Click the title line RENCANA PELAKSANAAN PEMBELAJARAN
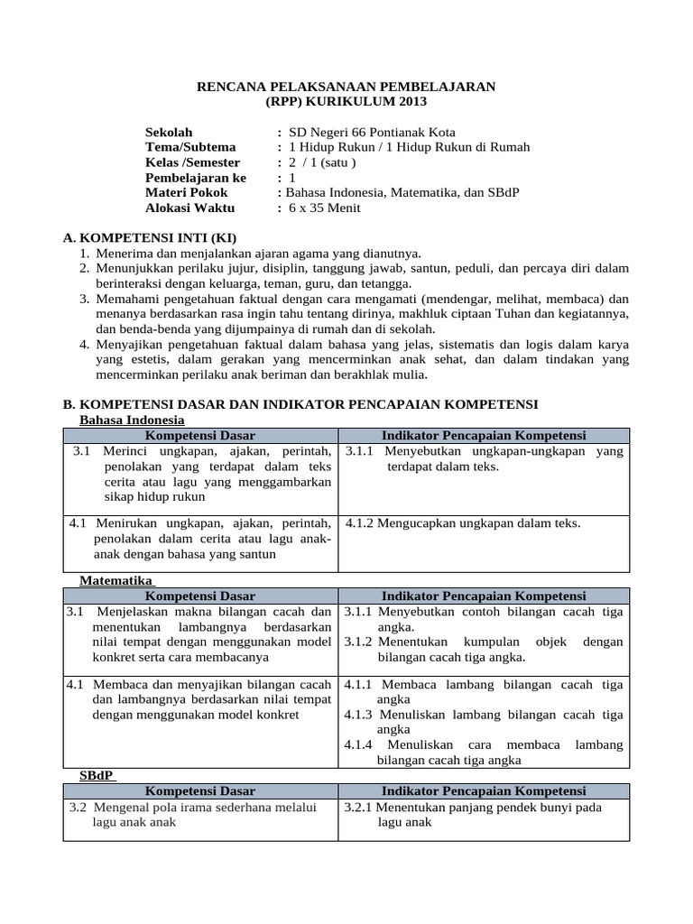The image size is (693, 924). [x=346, y=86]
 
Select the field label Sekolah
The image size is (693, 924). [x=169, y=132]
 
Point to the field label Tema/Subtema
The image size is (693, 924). [x=190, y=147]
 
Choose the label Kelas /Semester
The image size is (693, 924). [x=192, y=162]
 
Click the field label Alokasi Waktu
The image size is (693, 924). [x=189, y=208]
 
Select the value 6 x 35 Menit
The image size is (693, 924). [x=324, y=208]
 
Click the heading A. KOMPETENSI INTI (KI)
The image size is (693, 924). [x=149, y=238]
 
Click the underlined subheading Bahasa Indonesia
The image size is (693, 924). [x=132, y=420]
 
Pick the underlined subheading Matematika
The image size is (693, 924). [x=116, y=581]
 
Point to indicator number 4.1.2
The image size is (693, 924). [x=365, y=522]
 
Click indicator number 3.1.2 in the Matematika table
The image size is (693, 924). [x=358, y=642]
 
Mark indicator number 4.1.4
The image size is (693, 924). [x=360, y=744]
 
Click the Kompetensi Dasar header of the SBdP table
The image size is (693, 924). [x=200, y=791]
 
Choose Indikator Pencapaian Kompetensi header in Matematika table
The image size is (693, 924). [x=484, y=596]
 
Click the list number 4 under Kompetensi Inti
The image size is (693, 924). [x=83, y=345]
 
